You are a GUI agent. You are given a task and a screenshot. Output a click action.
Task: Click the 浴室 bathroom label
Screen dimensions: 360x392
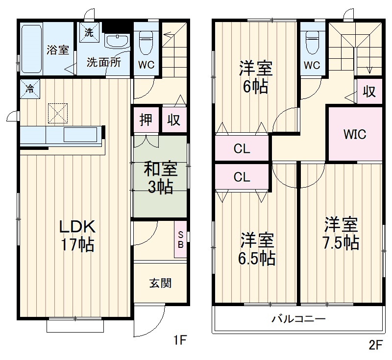click(57, 50)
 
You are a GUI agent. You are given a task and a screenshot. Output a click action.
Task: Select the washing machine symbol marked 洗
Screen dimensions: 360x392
click(89, 33)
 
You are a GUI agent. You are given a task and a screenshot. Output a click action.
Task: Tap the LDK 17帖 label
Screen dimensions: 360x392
click(76, 236)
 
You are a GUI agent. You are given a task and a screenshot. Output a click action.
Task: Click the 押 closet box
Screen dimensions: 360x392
click(146, 120)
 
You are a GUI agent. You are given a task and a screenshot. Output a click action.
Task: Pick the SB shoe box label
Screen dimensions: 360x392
click(180, 240)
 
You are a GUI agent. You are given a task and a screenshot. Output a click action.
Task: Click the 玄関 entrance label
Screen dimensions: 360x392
click(160, 283)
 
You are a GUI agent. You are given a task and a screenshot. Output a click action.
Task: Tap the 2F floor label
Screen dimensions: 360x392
click(375, 344)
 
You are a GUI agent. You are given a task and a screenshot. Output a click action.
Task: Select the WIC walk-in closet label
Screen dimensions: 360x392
click(355, 134)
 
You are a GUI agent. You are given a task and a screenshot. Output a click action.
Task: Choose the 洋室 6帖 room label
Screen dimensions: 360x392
click(256, 77)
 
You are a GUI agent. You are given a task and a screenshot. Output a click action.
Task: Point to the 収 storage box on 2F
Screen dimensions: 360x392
click(369, 92)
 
